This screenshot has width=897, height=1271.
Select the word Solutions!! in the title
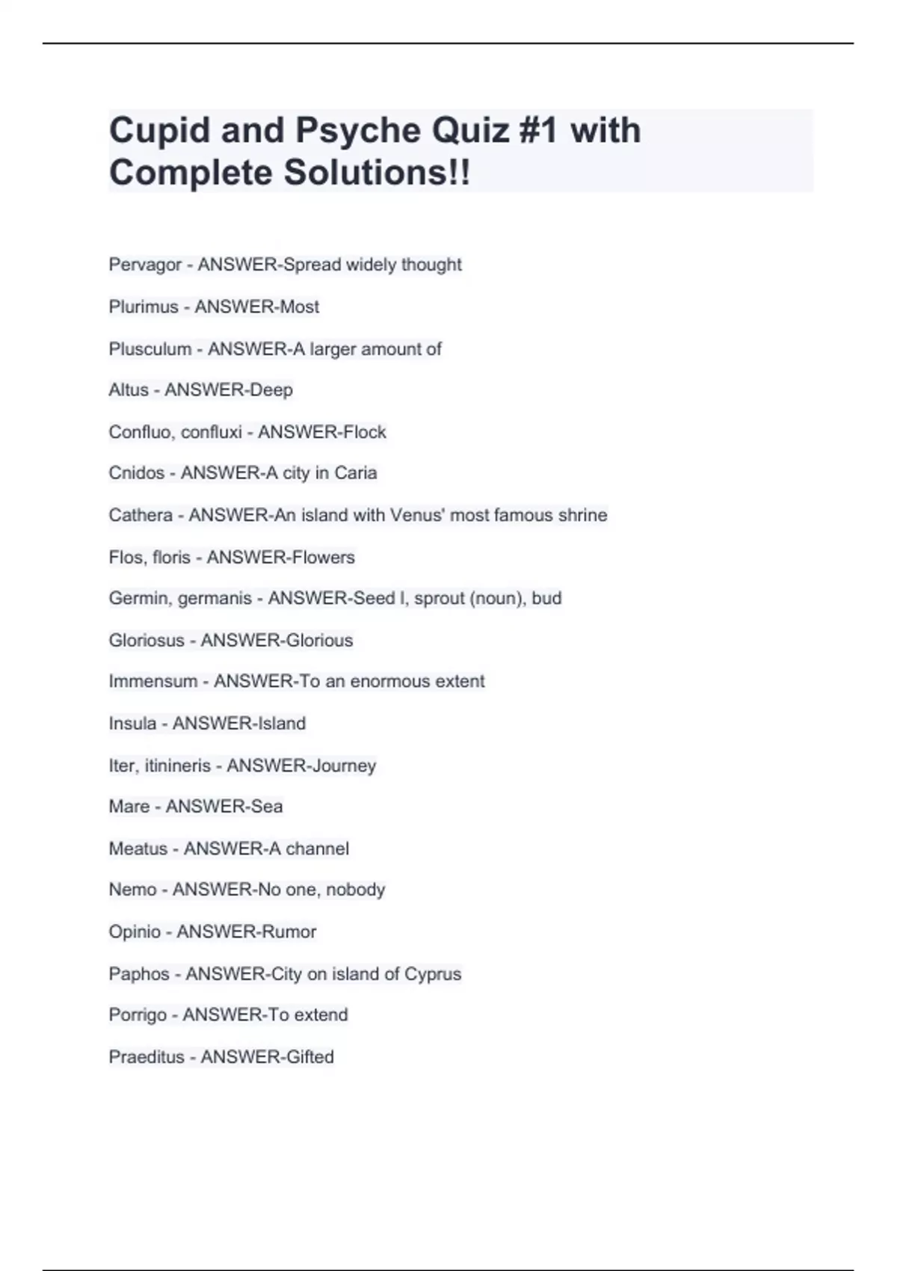click(x=377, y=173)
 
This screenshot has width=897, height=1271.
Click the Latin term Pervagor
click(x=145, y=265)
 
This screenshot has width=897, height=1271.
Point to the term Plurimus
click(x=144, y=307)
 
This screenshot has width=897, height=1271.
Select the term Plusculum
click(x=149, y=349)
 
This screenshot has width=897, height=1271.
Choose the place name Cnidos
click(x=136, y=473)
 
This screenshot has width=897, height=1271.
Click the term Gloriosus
click(x=147, y=641)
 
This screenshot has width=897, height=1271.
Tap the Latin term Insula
click(x=132, y=724)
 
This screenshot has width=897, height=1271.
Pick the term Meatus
click(x=138, y=849)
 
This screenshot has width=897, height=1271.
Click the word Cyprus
click(x=433, y=974)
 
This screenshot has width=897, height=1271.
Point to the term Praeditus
click(x=147, y=1057)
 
